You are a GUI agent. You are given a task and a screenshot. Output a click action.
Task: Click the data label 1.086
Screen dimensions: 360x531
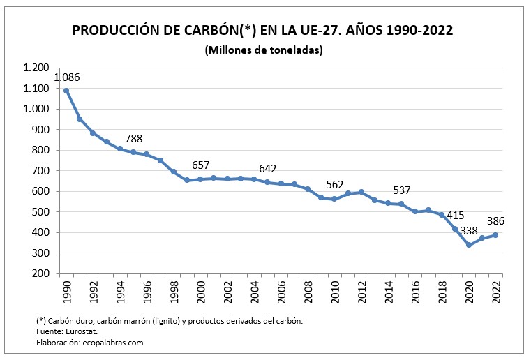point(67,77)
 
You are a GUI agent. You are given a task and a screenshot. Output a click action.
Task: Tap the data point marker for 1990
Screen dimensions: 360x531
point(66,91)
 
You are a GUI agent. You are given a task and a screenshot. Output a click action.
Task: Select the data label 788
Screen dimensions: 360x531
point(134,139)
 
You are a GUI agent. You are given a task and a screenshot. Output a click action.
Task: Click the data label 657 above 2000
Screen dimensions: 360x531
point(201,165)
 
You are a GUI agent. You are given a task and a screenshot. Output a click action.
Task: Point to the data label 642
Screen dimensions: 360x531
point(268,169)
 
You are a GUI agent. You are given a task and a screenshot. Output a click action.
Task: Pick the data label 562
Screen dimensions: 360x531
point(335,185)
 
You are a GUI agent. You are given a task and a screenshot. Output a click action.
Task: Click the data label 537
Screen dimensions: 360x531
point(402,190)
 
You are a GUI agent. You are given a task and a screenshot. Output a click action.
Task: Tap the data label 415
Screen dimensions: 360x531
point(456,216)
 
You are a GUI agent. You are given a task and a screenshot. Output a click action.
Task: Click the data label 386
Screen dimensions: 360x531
point(495,221)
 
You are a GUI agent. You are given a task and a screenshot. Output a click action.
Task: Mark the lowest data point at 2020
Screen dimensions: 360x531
point(469,245)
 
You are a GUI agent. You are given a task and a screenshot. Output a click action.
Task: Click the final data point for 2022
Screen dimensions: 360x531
point(495,235)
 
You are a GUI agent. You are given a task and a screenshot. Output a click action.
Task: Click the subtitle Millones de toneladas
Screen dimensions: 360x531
point(264,50)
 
